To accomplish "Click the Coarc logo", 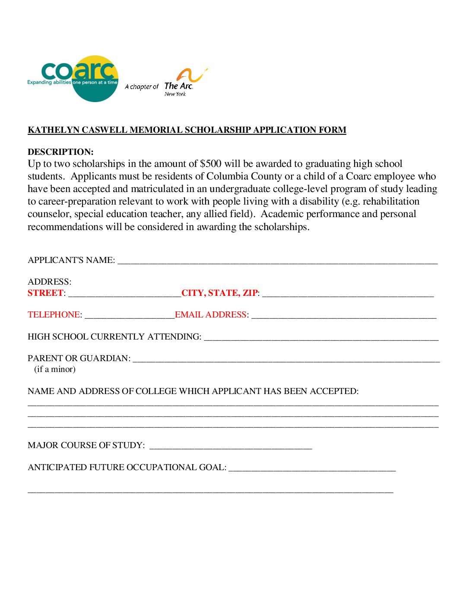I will [x=73, y=78].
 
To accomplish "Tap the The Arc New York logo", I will [x=184, y=82].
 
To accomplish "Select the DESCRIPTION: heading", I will [x=60, y=152].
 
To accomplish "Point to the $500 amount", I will [x=210, y=164].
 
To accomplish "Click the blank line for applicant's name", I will [x=277, y=261].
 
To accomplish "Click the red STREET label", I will [x=45, y=293].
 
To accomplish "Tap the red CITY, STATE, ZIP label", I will [x=219, y=293].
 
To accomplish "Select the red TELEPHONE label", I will [x=54, y=315].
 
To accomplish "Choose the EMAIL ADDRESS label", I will [x=211, y=315].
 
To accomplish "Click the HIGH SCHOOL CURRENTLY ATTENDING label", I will [x=114, y=337].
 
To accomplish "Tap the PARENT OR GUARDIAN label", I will [x=79, y=359].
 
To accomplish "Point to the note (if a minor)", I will [x=55, y=369].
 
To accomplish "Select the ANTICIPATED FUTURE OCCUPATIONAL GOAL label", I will [x=127, y=468].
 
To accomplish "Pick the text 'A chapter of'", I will [x=142, y=87].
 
